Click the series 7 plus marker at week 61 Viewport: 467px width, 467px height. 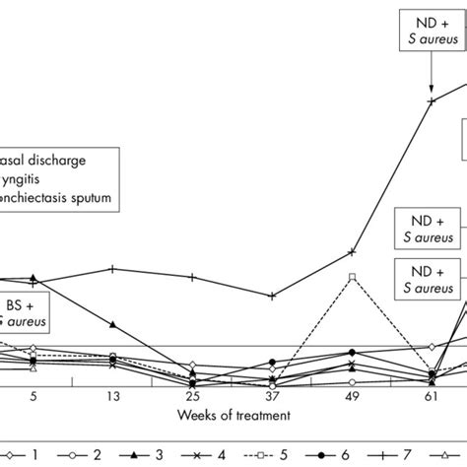(x=431, y=100)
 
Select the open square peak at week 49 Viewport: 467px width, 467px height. (x=352, y=277)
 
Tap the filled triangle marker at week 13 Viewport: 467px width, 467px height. (x=114, y=324)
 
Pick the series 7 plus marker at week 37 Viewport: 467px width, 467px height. (x=272, y=295)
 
